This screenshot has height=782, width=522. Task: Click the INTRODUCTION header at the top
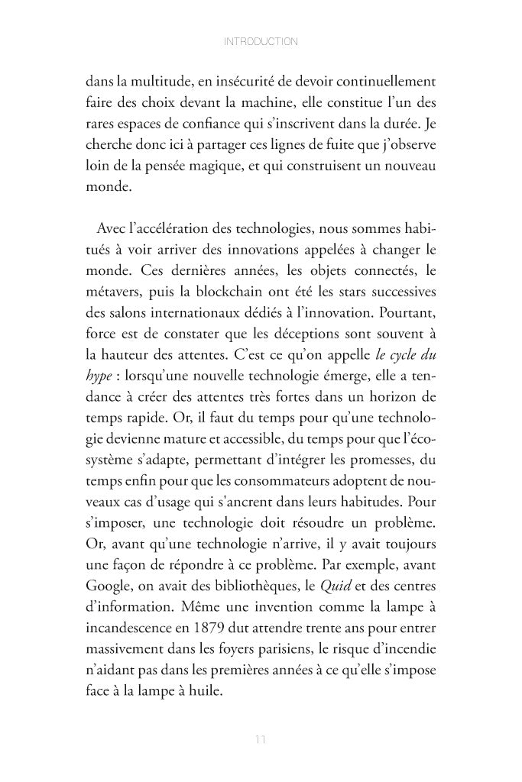coord(261,41)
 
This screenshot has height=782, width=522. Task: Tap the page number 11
coord(261,739)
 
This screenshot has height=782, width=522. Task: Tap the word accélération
coord(171,229)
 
